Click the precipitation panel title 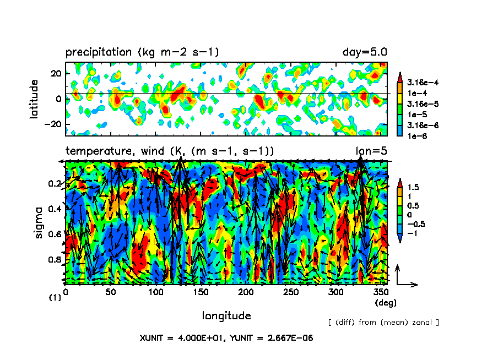142,53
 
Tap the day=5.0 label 365,52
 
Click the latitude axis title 35,100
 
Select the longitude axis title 226,316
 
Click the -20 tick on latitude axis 53,124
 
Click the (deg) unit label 385,303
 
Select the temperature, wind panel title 170,151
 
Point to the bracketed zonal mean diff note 383,322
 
